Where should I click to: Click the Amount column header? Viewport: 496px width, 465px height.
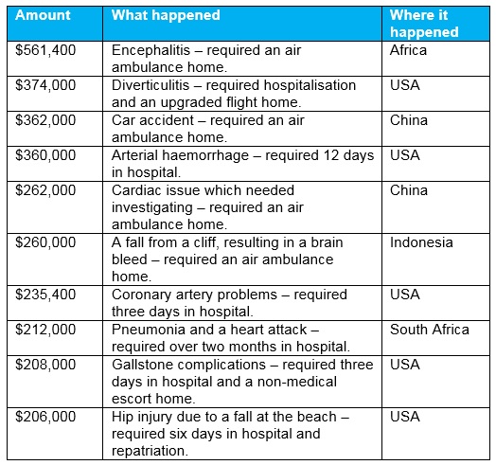click(43, 16)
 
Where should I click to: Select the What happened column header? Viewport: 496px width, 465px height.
click(166, 16)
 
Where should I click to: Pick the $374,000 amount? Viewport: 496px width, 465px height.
click(45, 84)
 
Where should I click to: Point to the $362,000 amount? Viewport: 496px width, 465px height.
click(45, 120)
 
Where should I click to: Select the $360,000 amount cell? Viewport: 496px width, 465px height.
click(45, 156)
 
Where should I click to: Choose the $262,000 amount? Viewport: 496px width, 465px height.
click(45, 191)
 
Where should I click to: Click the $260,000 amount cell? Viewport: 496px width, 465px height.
click(45, 242)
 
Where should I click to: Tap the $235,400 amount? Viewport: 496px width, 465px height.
click(45, 295)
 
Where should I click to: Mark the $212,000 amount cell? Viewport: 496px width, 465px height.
click(45, 330)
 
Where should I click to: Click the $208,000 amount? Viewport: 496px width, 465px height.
click(45, 365)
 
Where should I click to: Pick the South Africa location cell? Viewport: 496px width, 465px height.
click(429, 330)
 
